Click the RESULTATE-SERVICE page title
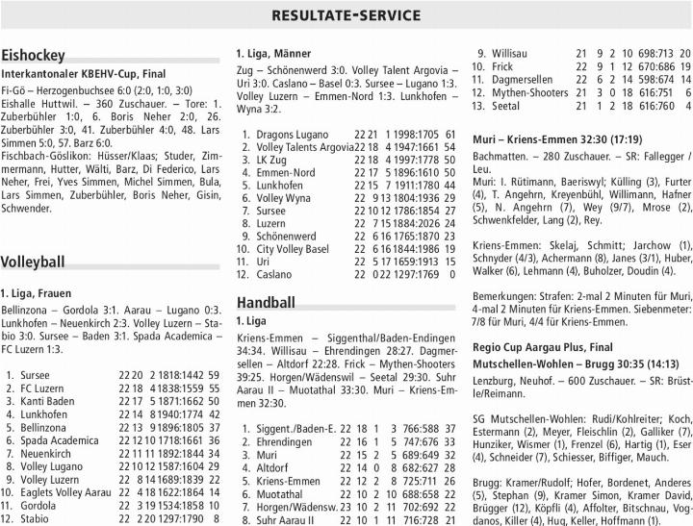pyautogui.click(x=346, y=15)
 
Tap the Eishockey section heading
pyautogui.click(x=34, y=55)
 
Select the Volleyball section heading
pyautogui.click(x=34, y=262)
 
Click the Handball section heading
pyautogui.click(x=266, y=302)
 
